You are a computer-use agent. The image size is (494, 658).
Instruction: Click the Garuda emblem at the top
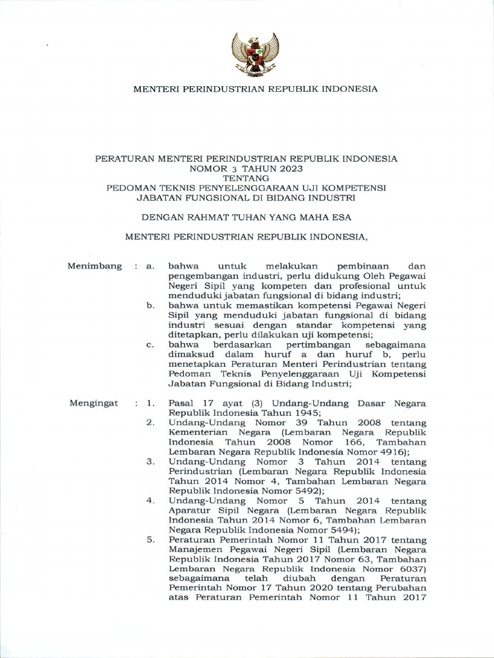(x=255, y=55)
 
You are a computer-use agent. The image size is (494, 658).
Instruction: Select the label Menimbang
(x=95, y=266)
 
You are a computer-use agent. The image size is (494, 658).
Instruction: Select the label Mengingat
(x=93, y=403)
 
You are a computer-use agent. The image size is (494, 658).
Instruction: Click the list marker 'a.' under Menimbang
(x=151, y=266)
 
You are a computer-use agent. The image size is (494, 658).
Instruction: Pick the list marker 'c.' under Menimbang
(x=151, y=345)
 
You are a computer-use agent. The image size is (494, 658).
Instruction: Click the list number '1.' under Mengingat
(x=151, y=403)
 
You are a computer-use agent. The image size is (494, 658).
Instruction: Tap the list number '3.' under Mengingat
(x=150, y=461)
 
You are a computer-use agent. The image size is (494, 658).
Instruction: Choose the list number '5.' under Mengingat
(x=150, y=540)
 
